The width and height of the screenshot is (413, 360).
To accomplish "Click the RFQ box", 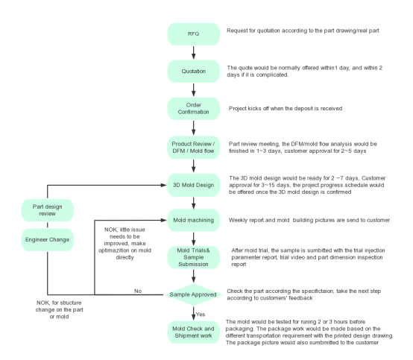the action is [194, 34].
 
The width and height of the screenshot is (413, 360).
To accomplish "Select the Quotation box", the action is [194, 72].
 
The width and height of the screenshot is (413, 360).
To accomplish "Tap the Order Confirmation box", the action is [194, 109].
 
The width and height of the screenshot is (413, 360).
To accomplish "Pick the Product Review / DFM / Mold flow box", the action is [194, 148].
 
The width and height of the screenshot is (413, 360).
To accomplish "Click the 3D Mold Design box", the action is [194, 185].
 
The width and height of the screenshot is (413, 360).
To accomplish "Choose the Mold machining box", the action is [194, 220].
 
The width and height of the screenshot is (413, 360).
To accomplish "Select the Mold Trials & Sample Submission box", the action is [194, 257].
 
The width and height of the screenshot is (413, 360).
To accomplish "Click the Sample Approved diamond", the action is [194, 294].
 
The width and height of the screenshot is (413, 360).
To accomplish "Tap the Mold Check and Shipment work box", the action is [194, 332].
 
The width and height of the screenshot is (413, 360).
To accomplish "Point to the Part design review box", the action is [48, 210].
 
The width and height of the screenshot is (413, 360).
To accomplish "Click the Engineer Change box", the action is [48, 240].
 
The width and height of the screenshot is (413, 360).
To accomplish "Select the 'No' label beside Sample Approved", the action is [138, 291].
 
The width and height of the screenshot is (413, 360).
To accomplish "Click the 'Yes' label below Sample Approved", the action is [201, 315].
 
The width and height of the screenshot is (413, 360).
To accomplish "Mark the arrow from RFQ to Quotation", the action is [194, 53].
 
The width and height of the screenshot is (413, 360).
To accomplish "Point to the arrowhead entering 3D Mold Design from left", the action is [163, 185].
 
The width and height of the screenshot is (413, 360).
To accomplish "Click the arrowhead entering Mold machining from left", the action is [163, 220].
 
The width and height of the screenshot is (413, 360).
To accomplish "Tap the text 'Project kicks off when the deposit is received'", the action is [286, 109].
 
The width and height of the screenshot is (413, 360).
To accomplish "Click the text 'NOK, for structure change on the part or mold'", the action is [59, 310].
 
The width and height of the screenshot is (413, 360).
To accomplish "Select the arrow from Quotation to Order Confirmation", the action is [194, 90].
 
